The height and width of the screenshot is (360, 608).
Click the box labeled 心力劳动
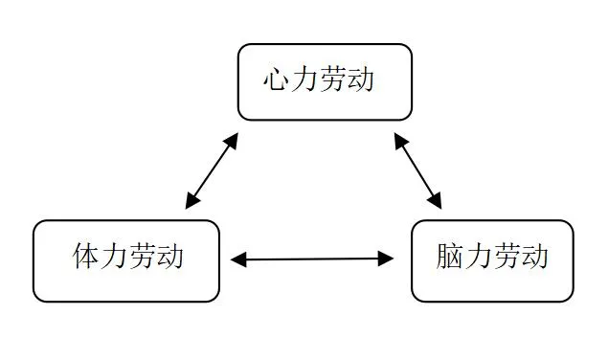[x=325, y=82]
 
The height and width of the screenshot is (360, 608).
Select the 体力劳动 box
[x=126, y=260]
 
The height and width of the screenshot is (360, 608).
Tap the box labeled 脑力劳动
[x=492, y=260]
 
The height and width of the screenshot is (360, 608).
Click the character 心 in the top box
[x=277, y=79]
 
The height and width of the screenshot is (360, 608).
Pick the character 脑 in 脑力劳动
[x=450, y=257]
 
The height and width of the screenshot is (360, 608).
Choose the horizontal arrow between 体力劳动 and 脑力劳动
[x=312, y=259]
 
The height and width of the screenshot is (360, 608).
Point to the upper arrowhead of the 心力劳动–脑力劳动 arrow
[x=399, y=140]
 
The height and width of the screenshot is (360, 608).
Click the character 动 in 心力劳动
[x=360, y=79]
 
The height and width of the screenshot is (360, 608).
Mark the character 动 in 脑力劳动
[x=534, y=257]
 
